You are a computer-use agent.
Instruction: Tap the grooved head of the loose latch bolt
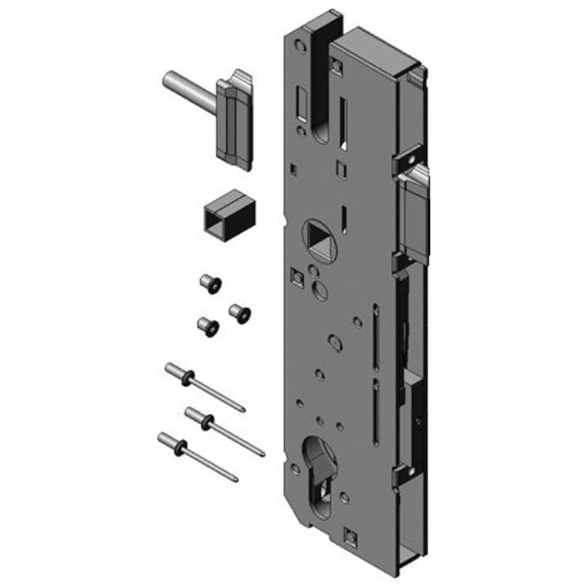tap(235, 123)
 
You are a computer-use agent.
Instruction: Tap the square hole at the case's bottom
tap(350, 535)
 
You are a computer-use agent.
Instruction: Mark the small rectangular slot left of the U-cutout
tap(304, 103)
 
